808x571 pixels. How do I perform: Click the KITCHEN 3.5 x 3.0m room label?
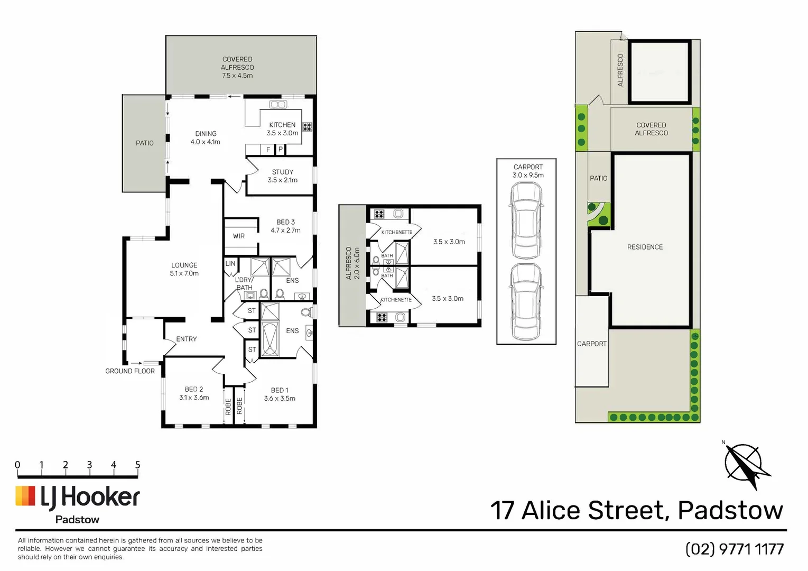[282, 129]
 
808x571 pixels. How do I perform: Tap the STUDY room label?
[282, 172]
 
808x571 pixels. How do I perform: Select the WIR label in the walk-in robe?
[239, 236]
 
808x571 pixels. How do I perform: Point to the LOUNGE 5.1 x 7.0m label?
[184, 269]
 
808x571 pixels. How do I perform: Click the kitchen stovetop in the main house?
[308, 127]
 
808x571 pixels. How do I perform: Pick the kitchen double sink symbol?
[278, 104]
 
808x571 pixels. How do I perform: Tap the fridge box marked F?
[267, 150]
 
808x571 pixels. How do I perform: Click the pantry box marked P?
[281, 150]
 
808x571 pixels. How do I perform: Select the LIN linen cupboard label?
[230, 263]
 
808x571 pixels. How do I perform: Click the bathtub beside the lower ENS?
[270, 339]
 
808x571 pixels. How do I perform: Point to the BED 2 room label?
[194, 389]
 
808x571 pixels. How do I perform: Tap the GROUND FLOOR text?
[130, 371]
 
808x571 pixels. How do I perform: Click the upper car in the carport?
[526, 220]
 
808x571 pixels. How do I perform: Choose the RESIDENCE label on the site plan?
[645, 247]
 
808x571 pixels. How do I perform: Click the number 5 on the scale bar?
[137, 465]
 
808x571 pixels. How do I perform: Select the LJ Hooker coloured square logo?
[25, 495]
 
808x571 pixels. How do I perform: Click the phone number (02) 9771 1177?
[735, 549]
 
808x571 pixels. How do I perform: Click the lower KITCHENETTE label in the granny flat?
[396, 300]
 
